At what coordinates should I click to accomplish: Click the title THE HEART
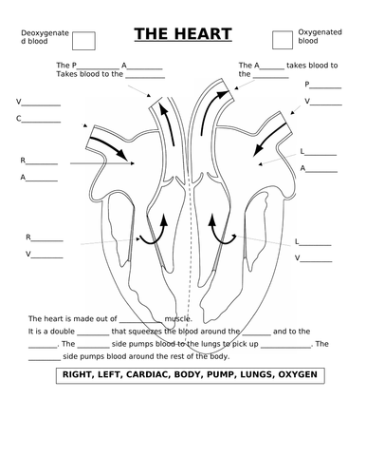[182, 35]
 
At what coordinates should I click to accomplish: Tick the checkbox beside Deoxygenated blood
[83, 39]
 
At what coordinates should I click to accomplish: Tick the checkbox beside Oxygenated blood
[282, 39]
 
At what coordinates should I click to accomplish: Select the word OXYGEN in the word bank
[298, 376]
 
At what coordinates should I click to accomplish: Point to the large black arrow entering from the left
[104, 143]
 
